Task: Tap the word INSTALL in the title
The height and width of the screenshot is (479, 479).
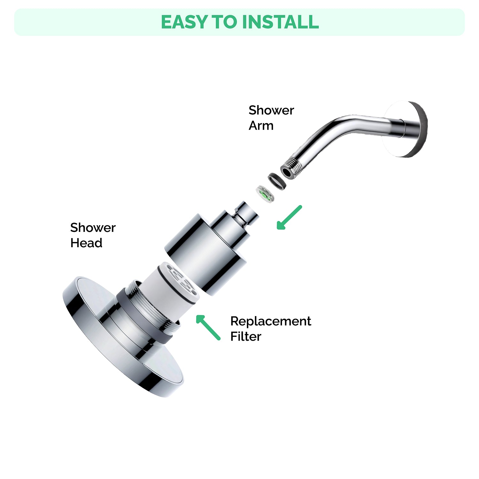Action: point(280,22)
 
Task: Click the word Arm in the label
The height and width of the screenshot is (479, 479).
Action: point(261,125)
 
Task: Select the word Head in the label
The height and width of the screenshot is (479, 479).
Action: point(86,243)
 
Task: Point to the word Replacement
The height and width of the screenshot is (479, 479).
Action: point(270,321)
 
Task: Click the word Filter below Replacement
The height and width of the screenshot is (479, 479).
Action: point(246,337)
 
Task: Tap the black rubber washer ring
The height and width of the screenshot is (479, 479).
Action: point(277,181)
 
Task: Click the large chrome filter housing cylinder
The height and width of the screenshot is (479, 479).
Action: point(204,252)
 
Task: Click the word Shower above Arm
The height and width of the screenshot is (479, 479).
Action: point(271,110)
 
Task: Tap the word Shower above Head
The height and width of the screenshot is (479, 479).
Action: point(93,228)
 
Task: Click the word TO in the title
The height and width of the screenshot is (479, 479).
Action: point(225,22)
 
